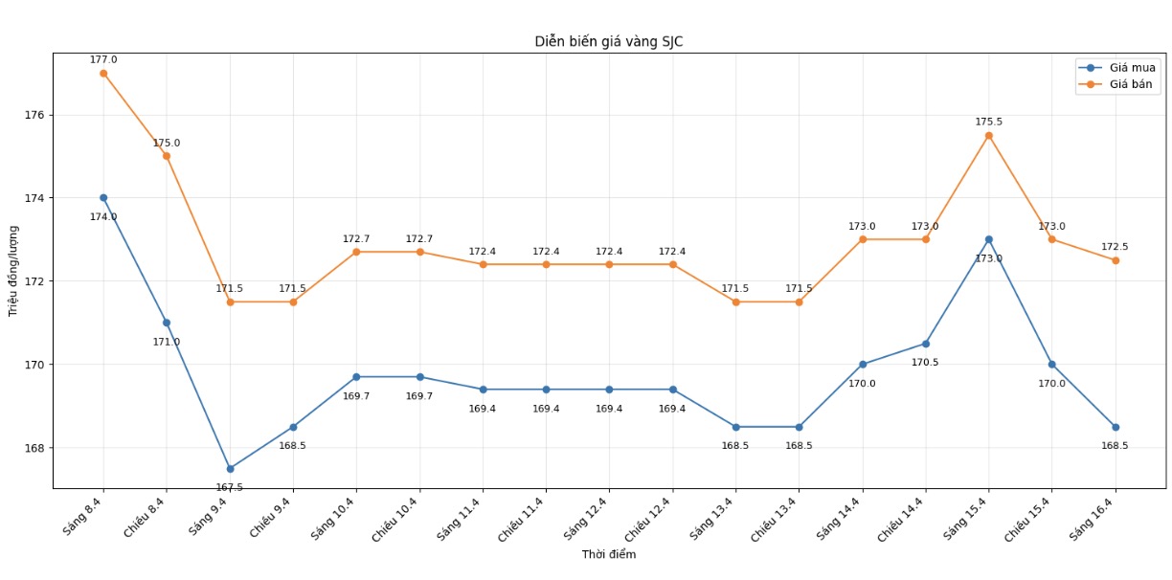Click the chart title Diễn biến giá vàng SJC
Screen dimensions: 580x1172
(608, 42)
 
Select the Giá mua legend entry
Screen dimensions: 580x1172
(1132, 68)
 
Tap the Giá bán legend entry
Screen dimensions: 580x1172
(1132, 85)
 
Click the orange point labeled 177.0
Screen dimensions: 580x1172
(103, 73)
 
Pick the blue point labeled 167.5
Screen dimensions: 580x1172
(230, 469)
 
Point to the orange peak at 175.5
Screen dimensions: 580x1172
(988, 136)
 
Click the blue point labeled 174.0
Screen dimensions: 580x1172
(103, 198)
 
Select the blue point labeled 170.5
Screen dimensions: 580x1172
(925, 344)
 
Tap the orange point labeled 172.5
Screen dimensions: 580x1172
(1115, 260)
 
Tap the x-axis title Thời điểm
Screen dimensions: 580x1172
(608, 555)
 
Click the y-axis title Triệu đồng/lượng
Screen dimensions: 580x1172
(13, 271)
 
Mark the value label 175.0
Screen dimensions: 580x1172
(166, 144)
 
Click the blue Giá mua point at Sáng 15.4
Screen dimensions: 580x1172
(988, 239)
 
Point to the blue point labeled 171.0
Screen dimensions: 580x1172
(167, 323)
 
